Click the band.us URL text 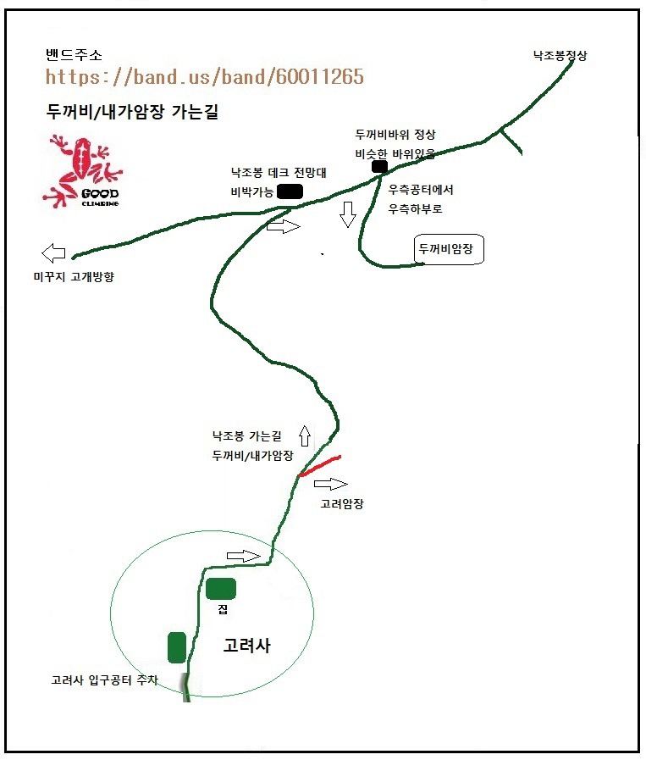pyautogui.click(x=204, y=76)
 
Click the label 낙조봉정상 pyautogui.click(x=560, y=55)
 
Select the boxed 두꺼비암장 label pyautogui.click(x=449, y=249)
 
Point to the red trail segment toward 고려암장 pyautogui.click(x=320, y=466)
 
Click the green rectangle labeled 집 pyautogui.click(x=221, y=588)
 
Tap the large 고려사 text pyautogui.click(x=246, y=645)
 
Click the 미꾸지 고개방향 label pyautogui.click(x=74, y=277)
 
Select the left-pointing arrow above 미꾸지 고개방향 pyautogui.click(x=53, y=252)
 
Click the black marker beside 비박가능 pyautogui.click(x=290, y=191)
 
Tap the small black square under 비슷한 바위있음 pyautogui.click(x=379, y=167)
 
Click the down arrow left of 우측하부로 pyautogui.click(x=348, y=214)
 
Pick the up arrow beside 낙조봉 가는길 pyautogui.click(x=305, y=435)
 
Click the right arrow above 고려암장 pyautogui.click(x=331, y=484)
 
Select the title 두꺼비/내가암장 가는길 pyautogui.click(x=132, y=112)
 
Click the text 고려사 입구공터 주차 pyautogui.click(x=105, y=680)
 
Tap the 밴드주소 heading pyautogui.click(x=74, y=55)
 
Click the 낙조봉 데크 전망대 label pyautogui.click(x=279, y=173)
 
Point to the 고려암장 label pyautogui.click(x=342, y=504)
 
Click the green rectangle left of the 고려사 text pyautogui.click(x=177, y=647)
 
